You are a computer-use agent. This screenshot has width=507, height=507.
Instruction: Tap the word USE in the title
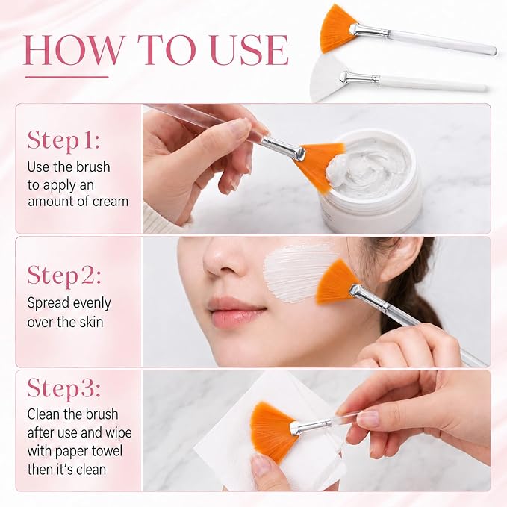click(249, 50)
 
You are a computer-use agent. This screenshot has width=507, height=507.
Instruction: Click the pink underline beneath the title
click(67, 77)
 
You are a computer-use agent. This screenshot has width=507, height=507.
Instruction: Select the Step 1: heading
click(63, 140)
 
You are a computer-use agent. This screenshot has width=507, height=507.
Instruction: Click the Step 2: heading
click(64, 276)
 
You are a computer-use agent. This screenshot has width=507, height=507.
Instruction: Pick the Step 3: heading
click(63, 388)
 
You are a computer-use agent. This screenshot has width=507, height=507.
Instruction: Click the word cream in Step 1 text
click(111, 202)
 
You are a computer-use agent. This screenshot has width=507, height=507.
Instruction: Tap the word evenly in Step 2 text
click(92, 304)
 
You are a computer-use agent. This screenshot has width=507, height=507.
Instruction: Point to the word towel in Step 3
click(107, 451)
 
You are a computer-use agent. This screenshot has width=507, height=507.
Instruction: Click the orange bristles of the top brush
click(338, 28)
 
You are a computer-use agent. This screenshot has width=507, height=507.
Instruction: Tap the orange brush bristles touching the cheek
click(336, 282)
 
